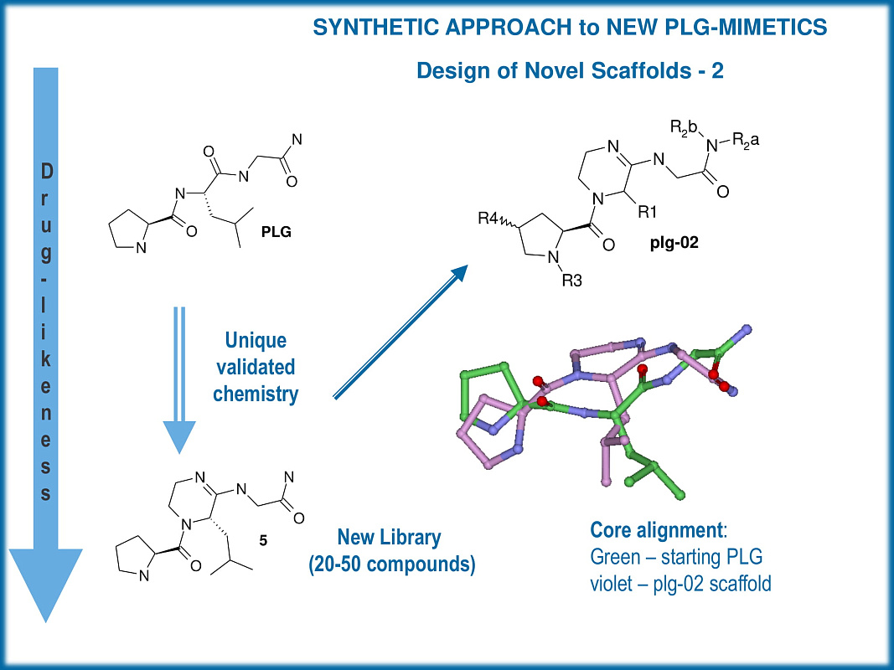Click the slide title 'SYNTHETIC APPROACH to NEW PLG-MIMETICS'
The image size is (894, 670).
(570, 28)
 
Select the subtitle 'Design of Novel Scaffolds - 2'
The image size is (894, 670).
(570, 71)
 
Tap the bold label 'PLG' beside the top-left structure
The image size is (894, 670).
(276, 232)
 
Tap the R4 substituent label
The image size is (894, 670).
(491, 219)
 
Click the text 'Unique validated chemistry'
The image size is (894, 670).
(256, 367)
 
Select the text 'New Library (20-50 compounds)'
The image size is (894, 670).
(391, 550)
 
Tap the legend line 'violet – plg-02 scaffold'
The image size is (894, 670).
(680, 582)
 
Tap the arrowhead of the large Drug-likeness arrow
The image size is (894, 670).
(45, 586)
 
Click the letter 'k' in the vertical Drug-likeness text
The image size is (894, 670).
(45, 361)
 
